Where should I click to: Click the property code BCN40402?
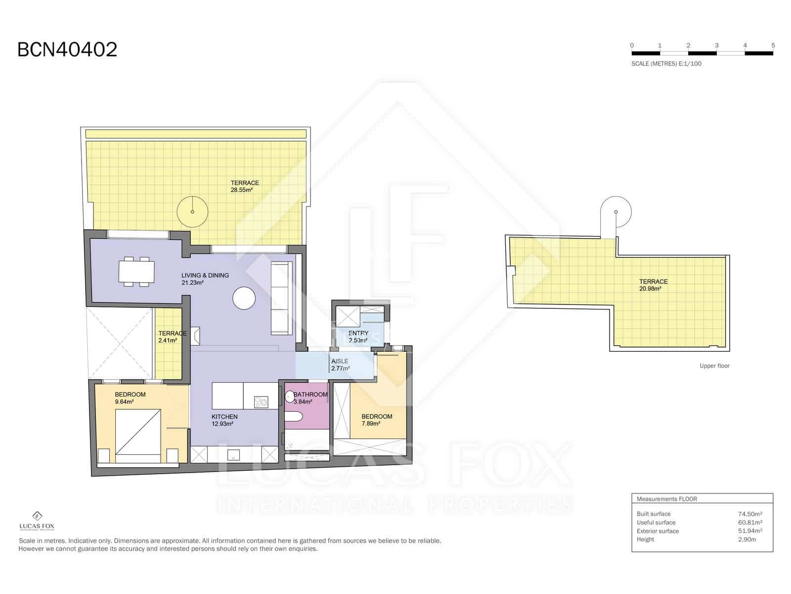point(67,50)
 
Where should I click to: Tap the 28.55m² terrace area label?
point(244,186)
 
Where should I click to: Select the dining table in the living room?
point(136,272)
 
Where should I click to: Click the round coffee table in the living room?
point(244,298)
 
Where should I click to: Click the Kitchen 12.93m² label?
point(224,420)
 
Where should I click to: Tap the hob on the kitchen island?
point(261,402)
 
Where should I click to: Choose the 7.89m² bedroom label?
point(376,420)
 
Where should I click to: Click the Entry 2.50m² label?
point(358,337)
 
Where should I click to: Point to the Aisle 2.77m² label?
point(340,365)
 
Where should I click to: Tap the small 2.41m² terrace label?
point(171,337)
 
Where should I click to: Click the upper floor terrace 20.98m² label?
point(653,285)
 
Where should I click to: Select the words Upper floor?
point(714,366)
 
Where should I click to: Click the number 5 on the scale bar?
point(773,46)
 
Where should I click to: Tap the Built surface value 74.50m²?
point(749,514)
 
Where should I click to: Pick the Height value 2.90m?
point(747,540)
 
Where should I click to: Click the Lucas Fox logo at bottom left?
point(37,520)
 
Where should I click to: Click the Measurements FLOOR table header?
point(666,499)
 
